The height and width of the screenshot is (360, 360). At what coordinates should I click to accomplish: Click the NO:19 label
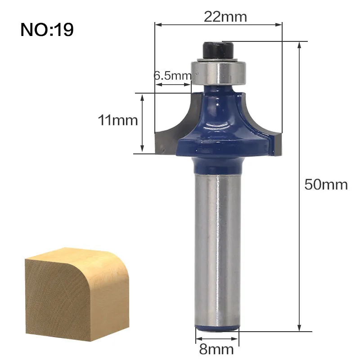tap(47, 30)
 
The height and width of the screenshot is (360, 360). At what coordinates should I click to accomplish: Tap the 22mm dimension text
tap(225, 17)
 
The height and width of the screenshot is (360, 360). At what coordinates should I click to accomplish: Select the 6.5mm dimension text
tap(173, 76)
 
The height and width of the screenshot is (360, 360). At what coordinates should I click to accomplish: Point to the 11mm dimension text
tap(118, 120)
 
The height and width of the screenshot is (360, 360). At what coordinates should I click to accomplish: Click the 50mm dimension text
tap(326, 184)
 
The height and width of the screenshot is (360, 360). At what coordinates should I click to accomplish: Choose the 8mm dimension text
tap(216, 349)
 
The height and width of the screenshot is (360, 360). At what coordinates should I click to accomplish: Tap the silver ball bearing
tap(219, 72)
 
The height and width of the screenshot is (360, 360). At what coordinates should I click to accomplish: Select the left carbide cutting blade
tap(175, 129)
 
